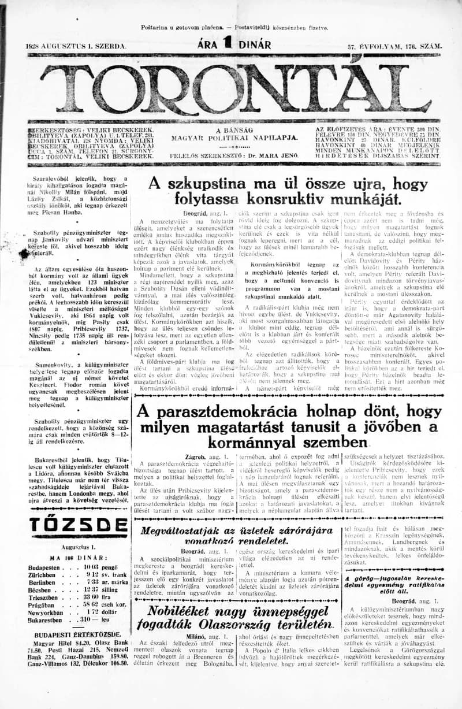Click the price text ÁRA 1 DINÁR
[233, 44]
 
